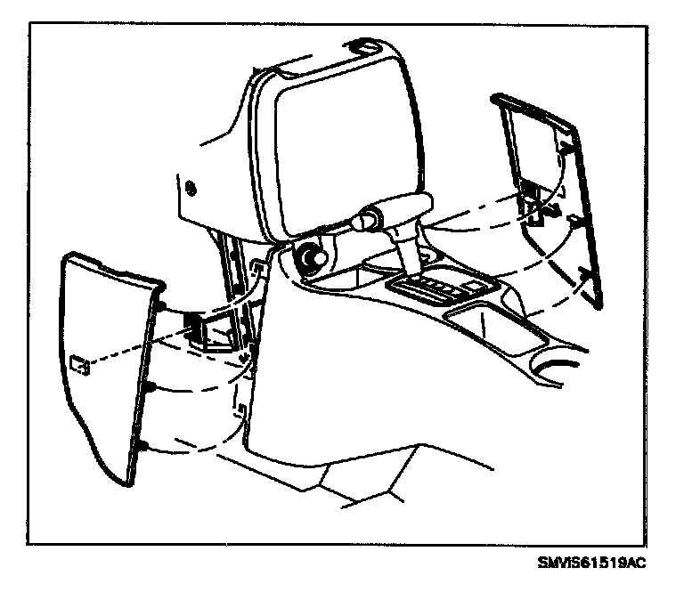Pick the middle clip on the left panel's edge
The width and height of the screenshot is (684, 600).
pos(152,387)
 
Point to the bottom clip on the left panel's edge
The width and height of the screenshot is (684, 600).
pos(142,444)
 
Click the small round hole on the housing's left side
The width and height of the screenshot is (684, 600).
pos(189,189)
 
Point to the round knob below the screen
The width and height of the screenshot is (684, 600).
pos(312,258)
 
